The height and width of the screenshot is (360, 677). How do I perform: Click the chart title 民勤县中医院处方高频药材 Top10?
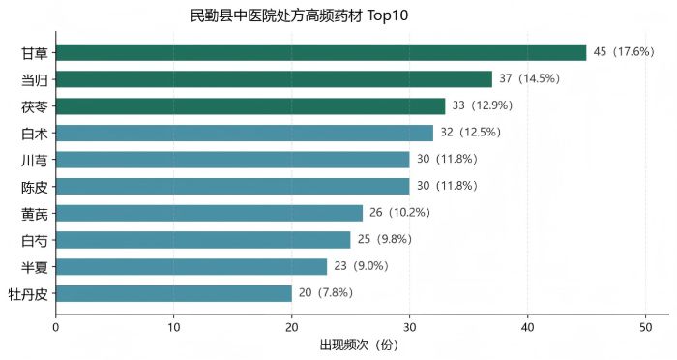point(299,16)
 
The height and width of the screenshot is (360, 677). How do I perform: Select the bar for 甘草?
point(321,52)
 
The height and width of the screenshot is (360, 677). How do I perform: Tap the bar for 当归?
point(274,79)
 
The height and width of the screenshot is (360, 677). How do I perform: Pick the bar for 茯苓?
point(250,106)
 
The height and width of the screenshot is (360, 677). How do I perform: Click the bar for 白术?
point(245,134)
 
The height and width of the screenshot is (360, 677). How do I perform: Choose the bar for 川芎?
point(233,160)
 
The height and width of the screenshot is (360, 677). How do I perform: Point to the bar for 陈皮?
point(233,187)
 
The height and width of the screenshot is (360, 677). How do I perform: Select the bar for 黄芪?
point(210,214)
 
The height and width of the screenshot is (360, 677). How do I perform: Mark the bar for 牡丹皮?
point(174,294)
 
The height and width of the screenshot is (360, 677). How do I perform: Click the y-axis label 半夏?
point(35,267)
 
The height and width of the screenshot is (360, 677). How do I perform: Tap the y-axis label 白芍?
point(35,241)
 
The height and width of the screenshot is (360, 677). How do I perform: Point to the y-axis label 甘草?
point(35,53)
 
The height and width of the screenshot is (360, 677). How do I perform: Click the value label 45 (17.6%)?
point(624,52)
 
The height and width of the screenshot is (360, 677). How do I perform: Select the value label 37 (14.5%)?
point(530,78)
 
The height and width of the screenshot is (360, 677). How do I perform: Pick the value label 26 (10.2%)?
point(399,213)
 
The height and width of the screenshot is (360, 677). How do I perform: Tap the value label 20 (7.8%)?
point(326,293)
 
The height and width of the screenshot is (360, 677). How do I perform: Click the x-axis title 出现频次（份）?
point(359,345)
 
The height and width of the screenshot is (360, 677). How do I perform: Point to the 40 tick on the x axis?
point(528,328)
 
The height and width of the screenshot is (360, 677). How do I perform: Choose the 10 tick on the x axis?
point(173,328)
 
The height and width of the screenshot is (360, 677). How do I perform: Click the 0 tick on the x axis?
point(56,328)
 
